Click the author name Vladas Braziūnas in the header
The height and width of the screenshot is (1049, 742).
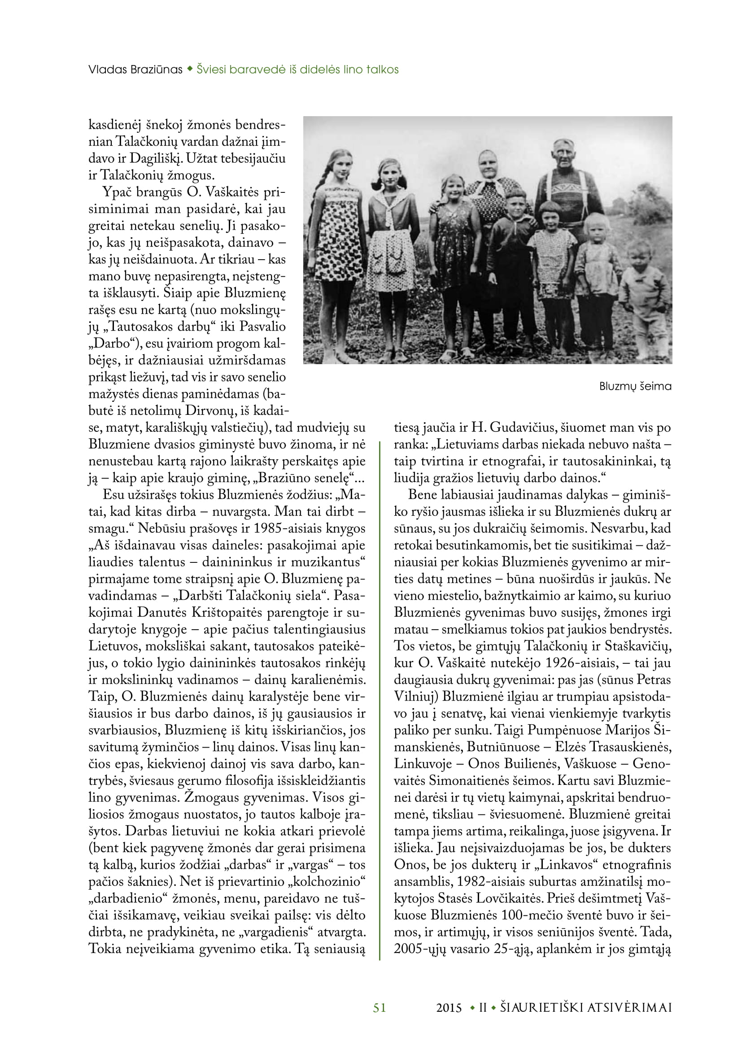click(x=135, y=70)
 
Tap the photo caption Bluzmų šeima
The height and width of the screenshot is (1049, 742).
click(x=635, y=387)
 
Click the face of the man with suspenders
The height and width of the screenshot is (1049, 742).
click(x=564, y=157)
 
